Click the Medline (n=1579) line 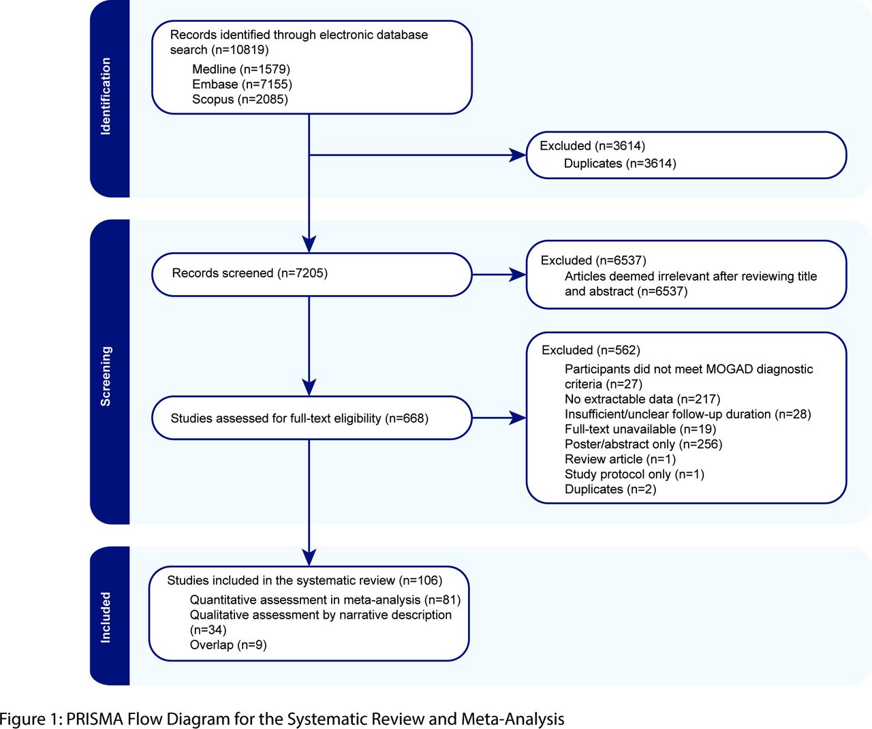(x=241, y=69)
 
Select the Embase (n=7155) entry (x=243, y=84)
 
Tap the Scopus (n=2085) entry (x=240, y=99)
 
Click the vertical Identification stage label (x=106, y=96)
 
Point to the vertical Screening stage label (x=106, y=376)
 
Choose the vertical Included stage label (x=106, y=617)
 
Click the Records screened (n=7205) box (x=312, y=275)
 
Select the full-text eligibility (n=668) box (x=312, y=418)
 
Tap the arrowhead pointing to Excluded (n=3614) (x=518, y=155)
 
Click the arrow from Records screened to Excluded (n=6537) (x=499, y=275)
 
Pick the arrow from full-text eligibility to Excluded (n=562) (x=499, y=418)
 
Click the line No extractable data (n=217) (x=642, y=399)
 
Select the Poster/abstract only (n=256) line (x=644, y=444)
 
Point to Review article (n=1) (x=620, y=459)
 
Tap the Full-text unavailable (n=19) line (x=640, y=429)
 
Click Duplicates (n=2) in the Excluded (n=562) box (x=610, y=489)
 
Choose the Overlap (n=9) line (x=228, y=645)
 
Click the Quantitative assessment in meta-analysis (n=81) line (x=326, y=600)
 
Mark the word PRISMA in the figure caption (x=95, y=719)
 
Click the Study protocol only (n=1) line (x=634, y=474)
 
